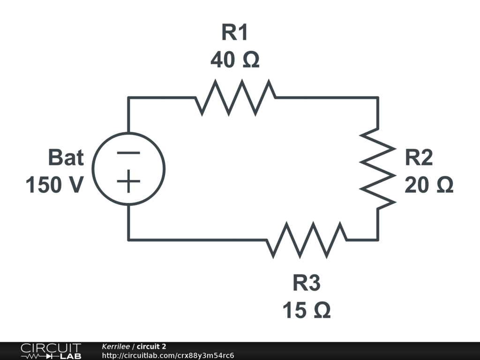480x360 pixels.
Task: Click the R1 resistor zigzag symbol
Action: pyautogui.click(x=235, y=97)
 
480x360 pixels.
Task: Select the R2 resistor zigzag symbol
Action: pyautogui.click(x=378, y=169)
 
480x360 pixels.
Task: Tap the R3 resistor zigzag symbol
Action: pyautogui.click(x=307, y=240)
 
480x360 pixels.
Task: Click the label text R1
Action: pyautogui.click(x=234, y=33)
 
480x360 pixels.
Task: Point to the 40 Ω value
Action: pyautogui.click(x=235, y=60)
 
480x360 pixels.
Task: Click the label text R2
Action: pyautogui.click(x=419, y=158)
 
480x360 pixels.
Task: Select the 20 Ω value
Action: pyautogui.click(x=429, y=186)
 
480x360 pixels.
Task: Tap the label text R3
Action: pyautogui.click(x=307, y=284)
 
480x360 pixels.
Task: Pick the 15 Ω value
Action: pyautogui.click(x=307, y=310)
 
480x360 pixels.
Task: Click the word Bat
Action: pyautogui.click(x=66, y=158)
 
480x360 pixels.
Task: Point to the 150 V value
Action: pyautogui.click(x=55, y=186)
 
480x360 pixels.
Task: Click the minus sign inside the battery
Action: pyautogui.click(x=128, y=153)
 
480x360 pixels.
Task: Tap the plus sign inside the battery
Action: pyautogui.click(x=128, y=182)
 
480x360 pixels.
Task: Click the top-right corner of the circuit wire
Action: pyautogui.click(x=378, y=97)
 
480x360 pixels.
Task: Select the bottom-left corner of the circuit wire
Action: pyautogui.click(x=128, y=240)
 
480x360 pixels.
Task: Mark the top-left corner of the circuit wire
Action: pyautogui.click(x=128, y=97)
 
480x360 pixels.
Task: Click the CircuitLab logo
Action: pyautogui.click(x=51, y=351)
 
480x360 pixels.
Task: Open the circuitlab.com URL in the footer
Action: pyautogui.click(x=168, y=355)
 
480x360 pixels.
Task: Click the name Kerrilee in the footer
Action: pyautogui.click(x=116, y=346)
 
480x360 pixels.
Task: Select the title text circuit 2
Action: pyautogui.click(x=151, y=346)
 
